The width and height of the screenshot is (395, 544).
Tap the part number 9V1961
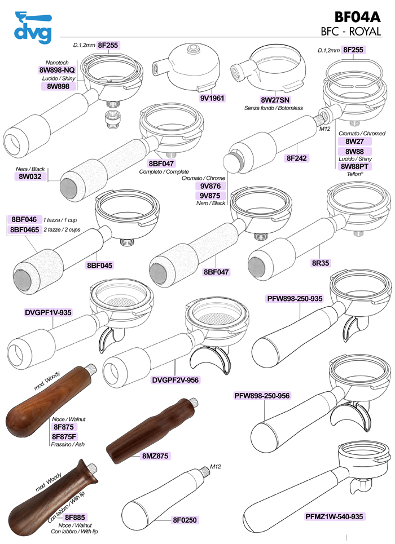tap(212, 98)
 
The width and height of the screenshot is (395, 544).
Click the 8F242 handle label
tap(297, 159)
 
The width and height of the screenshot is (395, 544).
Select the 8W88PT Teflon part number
tap(354, 166)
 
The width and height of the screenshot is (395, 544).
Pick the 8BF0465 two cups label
tap(23, 230)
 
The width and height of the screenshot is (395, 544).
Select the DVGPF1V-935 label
tap(47, 312)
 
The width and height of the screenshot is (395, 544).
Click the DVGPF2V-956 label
tap(177, 380)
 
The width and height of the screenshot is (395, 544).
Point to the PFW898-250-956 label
tap(262, 396)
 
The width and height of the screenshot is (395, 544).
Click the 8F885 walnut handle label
tap(74, 516)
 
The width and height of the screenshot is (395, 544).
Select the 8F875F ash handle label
tap(64, 436)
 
